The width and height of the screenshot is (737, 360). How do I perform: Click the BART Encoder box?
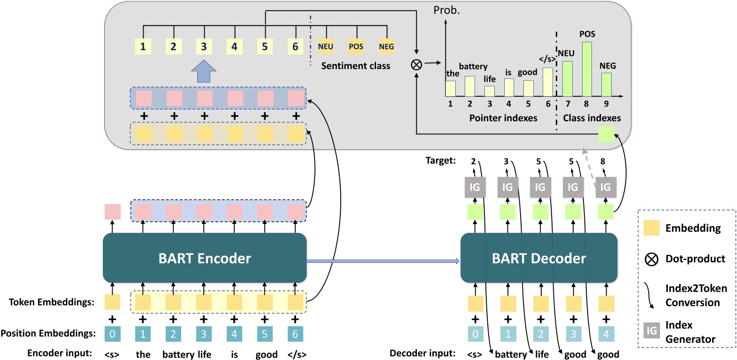[x=205, y=258]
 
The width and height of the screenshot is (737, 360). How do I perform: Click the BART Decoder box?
[x=538, y=258]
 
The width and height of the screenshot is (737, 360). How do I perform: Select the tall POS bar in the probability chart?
[x=587, y=69]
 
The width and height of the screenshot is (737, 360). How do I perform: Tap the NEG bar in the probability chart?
[x=606, y=84]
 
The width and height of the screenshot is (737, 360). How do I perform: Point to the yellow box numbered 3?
[x=204, y=46]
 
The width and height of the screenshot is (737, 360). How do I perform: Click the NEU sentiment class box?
[x=325, y=46]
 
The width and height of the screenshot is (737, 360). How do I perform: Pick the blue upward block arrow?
[x=204, y=71]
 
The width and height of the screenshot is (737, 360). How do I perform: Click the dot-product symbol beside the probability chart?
[x=416, y=65]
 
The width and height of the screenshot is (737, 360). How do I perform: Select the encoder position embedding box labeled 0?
[x=112, y=334]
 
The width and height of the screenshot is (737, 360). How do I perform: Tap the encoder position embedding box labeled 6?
[x=295, y=334]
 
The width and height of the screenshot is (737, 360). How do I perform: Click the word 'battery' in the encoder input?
[x=178, y=354]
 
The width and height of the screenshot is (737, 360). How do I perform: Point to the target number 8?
[x=603, y=161]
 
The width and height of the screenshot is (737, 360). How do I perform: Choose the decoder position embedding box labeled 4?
[x=606, y=334]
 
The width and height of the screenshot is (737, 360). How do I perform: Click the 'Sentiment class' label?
[x=355, y=66]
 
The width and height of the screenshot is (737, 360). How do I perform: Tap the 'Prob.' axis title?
[x=446, y=10]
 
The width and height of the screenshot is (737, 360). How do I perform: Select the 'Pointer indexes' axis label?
[x=503, y=118]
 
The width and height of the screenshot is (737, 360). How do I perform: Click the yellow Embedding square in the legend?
[x=652, y=228]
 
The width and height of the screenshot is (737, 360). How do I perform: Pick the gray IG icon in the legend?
[x=652, y=330]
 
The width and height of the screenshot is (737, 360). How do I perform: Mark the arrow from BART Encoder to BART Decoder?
[x=383, y=261]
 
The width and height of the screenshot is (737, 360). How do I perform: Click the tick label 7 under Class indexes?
[x=568, y=104]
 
